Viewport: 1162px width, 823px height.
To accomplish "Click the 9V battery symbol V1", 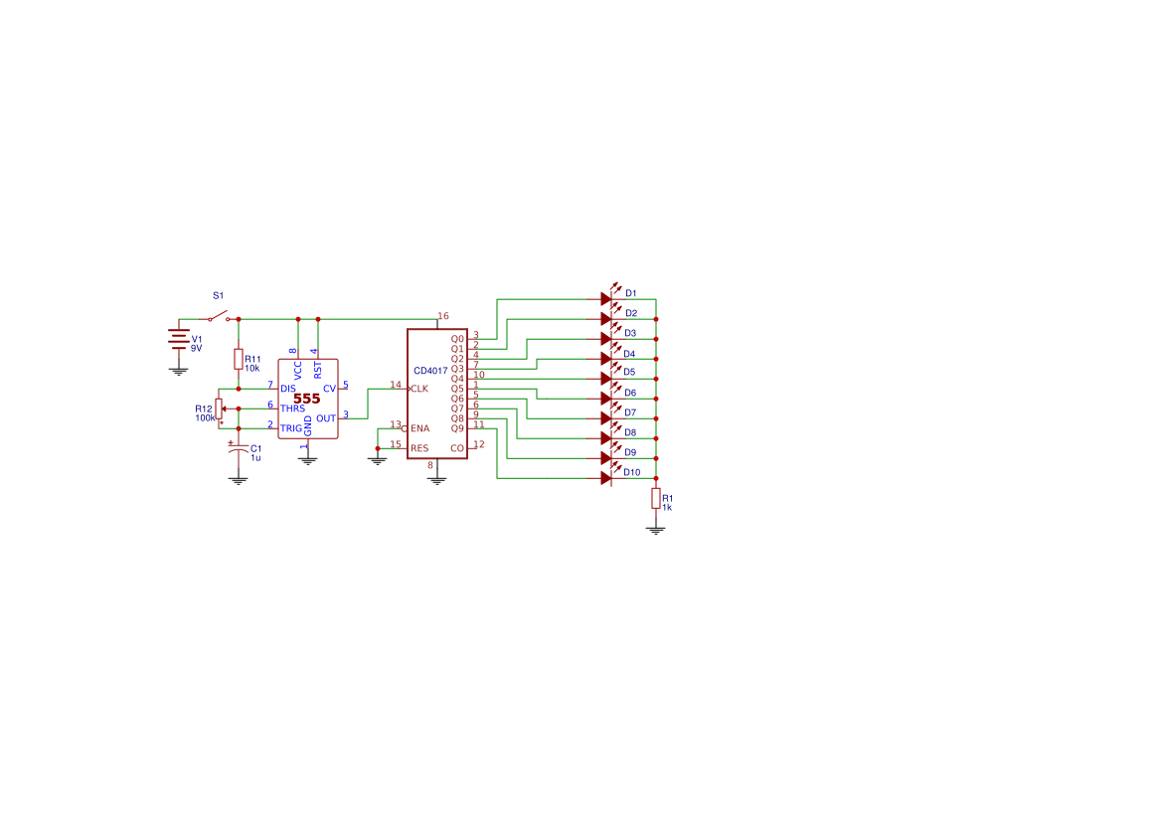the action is pyautogui.click(x=179, y=339).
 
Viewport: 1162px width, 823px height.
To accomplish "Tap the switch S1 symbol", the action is pyautogui.click(x=218, y=316).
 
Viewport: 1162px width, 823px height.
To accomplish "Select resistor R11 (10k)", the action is pyautogui.click(x=238, y=359).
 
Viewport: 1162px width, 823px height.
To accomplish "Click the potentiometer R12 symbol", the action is pyautogui.click(x=220, y=409).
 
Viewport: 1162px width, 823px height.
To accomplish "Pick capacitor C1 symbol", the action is pyautogui.click(x=238, y=447).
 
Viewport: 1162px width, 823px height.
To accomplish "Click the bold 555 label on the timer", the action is pyautogui.click(x=307, y=399).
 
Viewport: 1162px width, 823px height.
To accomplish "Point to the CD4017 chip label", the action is pyautogui.click(x=430, y=371).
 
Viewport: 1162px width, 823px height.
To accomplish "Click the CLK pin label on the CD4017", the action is pyautogui.click(x=419, y=389).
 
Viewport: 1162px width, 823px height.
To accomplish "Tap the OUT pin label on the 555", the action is pyautogui.click(x=326, y=418).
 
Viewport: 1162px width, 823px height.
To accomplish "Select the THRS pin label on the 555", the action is pyautogui.click(x=292, y=409).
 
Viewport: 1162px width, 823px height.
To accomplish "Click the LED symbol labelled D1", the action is pyautogui.click(x=608, y=298).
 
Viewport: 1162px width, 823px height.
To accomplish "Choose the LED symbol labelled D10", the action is pyautogui.click(x=608, y=477).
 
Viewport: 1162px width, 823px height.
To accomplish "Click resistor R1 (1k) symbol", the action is pyautogui.click(x=656, y=499).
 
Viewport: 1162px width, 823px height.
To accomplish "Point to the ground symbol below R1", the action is pyautogui.click(x=656, y=530).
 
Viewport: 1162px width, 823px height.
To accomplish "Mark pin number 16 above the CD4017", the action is pyautogui.click(x=443, y=316).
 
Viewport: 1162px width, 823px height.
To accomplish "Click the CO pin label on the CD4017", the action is pyautogui.click(x=457, y=448).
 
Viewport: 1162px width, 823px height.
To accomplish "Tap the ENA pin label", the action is pyautogui.click(x=420, y=428).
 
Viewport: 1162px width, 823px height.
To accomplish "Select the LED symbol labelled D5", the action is pyautogui.click(x=608, y=378).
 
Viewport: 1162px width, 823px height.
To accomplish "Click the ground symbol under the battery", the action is pyautogui.click(x=179, y=371).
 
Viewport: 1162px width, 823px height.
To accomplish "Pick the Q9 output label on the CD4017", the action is pyautogui.click(x=457, y=428).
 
